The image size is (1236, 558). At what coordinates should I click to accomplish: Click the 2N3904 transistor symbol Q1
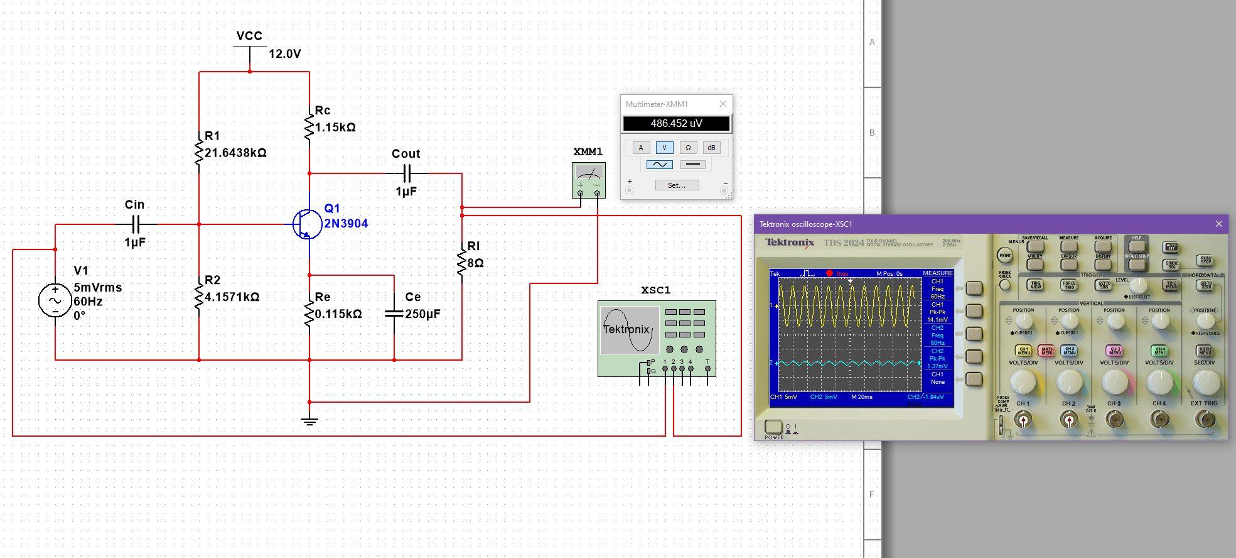tap(307, 224)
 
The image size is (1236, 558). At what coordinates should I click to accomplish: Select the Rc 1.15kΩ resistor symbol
tap(309, 126)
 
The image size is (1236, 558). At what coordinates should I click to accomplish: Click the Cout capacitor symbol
tap(407, 173)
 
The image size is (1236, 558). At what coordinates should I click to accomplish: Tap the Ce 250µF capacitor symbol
tap(394, 312)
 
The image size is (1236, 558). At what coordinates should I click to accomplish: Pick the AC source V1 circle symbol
tap(55, 300)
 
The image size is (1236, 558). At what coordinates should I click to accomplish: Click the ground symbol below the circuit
tap(309, 420)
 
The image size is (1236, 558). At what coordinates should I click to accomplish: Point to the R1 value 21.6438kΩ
tap(235, 153)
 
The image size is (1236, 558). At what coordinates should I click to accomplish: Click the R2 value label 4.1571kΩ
tap(232, 297)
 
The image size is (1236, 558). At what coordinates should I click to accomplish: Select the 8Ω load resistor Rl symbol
tap(462, 263)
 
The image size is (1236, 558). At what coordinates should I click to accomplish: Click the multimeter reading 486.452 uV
tap(676, 123)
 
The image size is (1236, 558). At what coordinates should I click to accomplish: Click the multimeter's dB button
tap(711, 148)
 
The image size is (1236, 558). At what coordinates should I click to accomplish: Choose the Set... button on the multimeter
tap(677, 185)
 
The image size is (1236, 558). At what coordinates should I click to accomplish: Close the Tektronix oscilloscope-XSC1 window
tap(1218, 224)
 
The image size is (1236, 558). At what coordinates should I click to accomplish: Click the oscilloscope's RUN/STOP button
tap(1205, 260)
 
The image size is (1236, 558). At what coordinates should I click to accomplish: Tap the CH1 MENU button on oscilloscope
tap(1023, 351)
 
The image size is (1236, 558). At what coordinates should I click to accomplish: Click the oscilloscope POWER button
tap(773, 427)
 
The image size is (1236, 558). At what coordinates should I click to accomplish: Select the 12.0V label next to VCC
tap(284, 54)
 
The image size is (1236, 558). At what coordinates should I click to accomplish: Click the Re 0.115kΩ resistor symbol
tap(309, 314)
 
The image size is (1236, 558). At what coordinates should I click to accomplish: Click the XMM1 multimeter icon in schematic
tap(589, 180)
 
